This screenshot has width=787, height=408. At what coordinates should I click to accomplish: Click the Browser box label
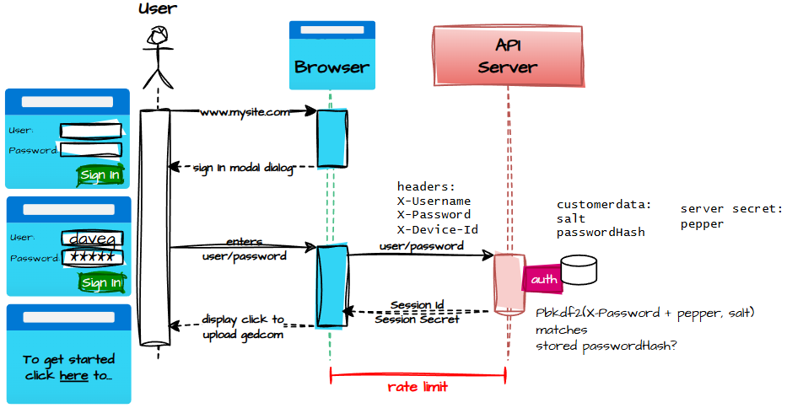coord(332,67)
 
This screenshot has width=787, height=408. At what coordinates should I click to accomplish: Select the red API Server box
coord(508,56)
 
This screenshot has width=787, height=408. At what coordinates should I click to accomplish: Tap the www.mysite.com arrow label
coord(245,111)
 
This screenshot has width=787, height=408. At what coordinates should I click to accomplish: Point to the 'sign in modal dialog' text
coord(243,168)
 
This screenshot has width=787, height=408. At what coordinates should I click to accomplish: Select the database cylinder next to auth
coord(579,271)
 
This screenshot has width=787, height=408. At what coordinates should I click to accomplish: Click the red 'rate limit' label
coord(418,387)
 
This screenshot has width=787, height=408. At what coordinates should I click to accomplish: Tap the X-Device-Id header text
coord(438,228)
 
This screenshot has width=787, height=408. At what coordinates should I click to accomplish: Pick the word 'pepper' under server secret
coord(702,225)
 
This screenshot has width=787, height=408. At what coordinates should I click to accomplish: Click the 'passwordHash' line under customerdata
coord(601,232)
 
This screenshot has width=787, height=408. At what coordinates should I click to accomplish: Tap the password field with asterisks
coord(93,257)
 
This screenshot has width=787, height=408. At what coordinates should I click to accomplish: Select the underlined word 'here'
coord(73,375)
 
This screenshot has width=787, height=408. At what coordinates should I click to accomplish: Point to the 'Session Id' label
coord(418,304)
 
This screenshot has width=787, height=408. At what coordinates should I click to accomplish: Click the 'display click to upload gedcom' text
coord(244,327)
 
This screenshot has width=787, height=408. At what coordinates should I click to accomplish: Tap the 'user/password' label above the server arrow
coord(421,246)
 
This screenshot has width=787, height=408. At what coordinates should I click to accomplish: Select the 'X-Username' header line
coord(434,201)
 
